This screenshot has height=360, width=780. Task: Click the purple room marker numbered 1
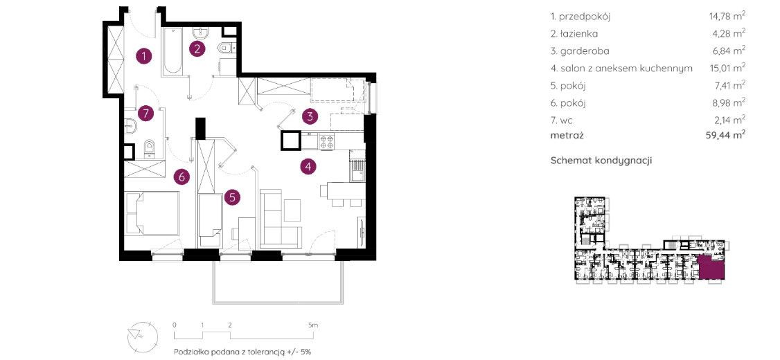[144, 56]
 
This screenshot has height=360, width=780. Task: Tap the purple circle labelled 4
[308, 167]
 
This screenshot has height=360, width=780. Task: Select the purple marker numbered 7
[145, 114]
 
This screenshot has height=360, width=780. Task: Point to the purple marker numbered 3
[310, 117]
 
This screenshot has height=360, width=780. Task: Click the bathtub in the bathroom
[171, 51]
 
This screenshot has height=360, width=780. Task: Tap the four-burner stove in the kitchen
[326, 143]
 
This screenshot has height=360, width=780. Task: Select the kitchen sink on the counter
[357, 172]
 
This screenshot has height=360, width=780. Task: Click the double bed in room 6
[152, 213]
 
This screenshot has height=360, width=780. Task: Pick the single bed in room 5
[209, 219]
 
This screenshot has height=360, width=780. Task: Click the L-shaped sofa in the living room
[281, 219]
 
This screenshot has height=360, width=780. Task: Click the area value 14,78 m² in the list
[727, 17]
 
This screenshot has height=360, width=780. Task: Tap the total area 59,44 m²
[727, 134]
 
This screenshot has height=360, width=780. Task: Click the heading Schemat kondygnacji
[601, 161]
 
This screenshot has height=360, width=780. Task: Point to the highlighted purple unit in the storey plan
[711, 267]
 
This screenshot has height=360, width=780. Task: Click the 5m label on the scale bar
[312, 325]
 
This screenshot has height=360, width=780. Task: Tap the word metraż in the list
[565, 134]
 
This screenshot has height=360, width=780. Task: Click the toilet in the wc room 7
[149, 147]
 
